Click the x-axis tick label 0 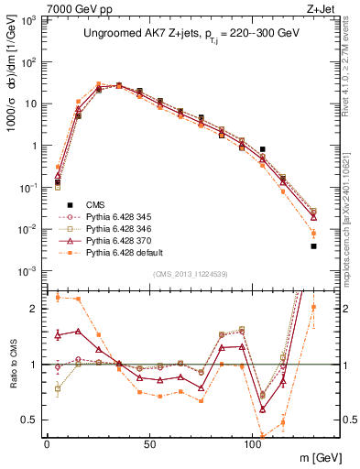[47, 444]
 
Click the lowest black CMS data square [313, 245]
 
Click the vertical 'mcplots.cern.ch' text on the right [351, 211]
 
